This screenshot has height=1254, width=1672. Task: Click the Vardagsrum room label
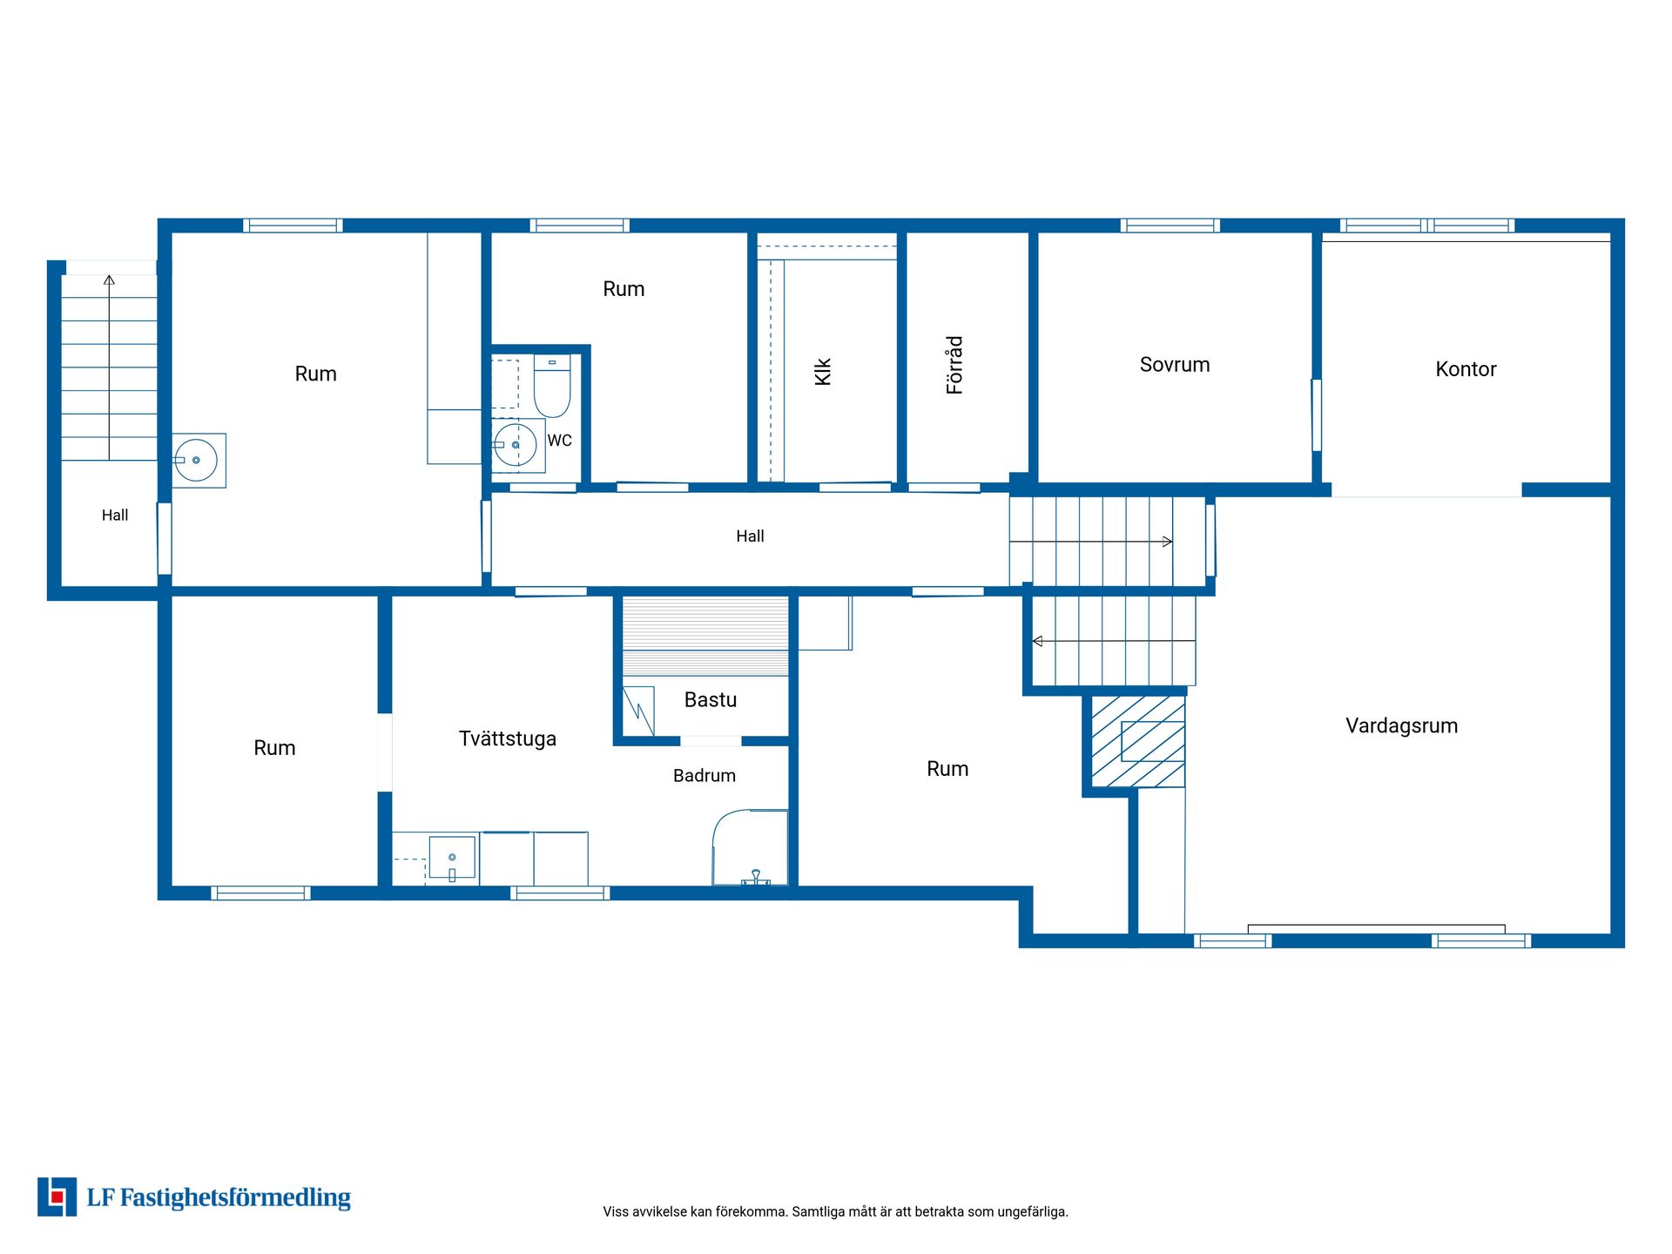pyautogui.click(x=1401, y=726)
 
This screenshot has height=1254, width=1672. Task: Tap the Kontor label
pyautogui.click(x=1466, y=369)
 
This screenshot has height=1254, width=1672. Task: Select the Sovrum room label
pyautogui.click(x=1175, y=365)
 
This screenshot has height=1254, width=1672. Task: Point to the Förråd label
pyautogui.click(x=955, y=365)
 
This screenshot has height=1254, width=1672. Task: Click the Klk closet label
pyautogui.click(x=823, y=372)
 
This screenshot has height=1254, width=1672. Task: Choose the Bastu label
pyautogui.click(x=711, y=700)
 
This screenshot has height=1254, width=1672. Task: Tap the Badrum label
pyautogui.click(x=705, y=776)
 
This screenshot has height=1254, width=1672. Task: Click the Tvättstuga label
pyautogui.click(x=508, y=738)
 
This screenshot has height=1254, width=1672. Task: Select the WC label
pyautogui.click(x=560, y=441)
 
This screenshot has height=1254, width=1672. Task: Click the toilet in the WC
pyautogui.click(x=551, y=386)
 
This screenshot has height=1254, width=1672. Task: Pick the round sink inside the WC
pyautogui.click(x=515, y=445)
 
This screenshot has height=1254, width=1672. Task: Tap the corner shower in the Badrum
pyautogui.click(x=750, y=848)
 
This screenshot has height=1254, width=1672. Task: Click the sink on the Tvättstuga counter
pyautogui.click(x=452, y=859)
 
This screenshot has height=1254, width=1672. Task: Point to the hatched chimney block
pyautogui.click(x=1138, y=742)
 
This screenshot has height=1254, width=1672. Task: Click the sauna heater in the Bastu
pyautogui.click(x=638, y=711)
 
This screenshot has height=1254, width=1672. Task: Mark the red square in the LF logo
pyautogui.click(x=57, y=1197)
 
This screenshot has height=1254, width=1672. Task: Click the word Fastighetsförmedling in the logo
pyautogui.click(x=235, y=1198)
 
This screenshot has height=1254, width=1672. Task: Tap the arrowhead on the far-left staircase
pyautogui.click(x=109, y=280)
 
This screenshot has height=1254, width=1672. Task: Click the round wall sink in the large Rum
pyautogui.click(x=196, y=460)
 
